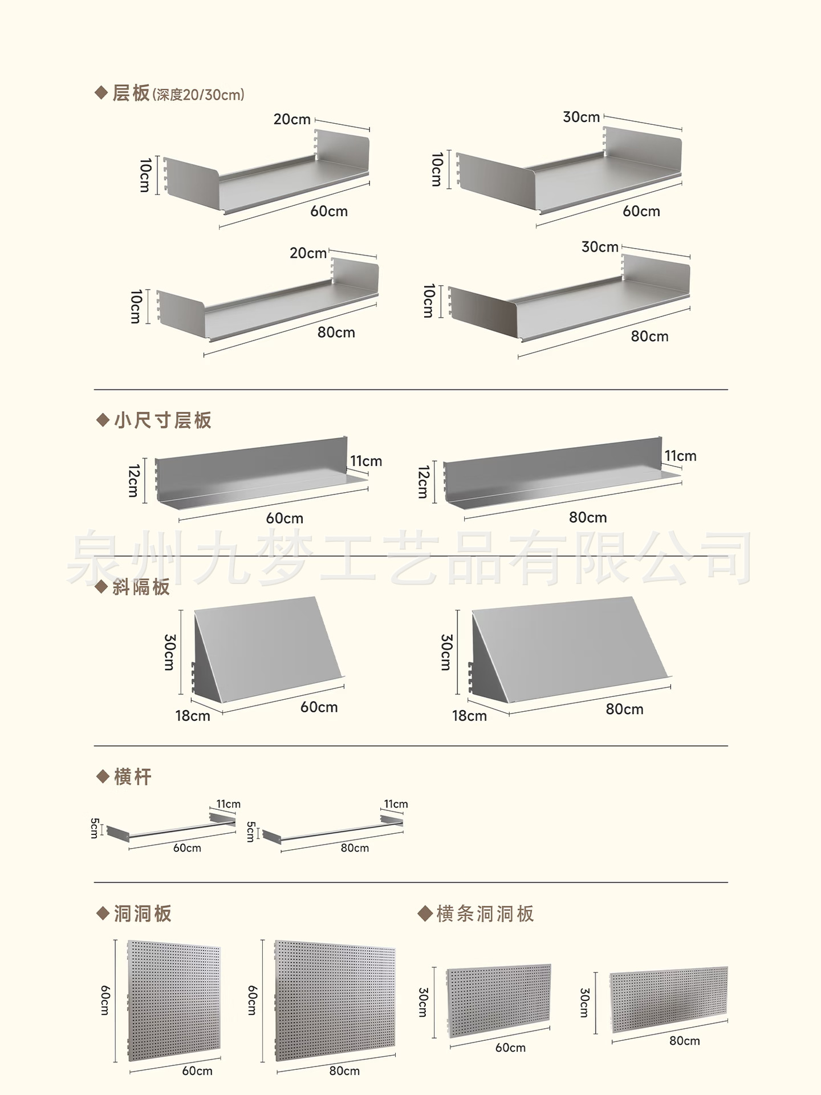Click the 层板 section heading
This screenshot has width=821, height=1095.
point(131,93)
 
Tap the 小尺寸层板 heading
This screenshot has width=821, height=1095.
point(162,420)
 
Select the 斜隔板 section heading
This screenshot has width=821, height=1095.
point(141,587)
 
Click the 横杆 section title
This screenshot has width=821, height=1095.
point(132,777)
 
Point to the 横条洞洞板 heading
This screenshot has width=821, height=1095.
point(485,914)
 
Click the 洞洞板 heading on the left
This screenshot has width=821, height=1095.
point(143,914)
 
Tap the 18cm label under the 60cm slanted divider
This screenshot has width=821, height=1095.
point(193,716)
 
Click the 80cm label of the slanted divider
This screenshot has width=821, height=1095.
point(624,709)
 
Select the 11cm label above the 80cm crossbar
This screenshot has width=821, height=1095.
point(396,804)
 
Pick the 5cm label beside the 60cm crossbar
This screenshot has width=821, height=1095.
point(95,828)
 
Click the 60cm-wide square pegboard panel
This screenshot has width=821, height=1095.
point(174,1001)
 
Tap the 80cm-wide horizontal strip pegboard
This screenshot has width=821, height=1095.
point(669,999)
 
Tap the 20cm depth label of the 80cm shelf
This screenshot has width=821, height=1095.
point(308,253)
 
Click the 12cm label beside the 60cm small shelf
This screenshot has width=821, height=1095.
point(133,480)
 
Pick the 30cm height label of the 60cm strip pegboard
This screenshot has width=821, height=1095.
point(422,1002)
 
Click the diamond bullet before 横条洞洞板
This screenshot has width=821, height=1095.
point(425,914)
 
